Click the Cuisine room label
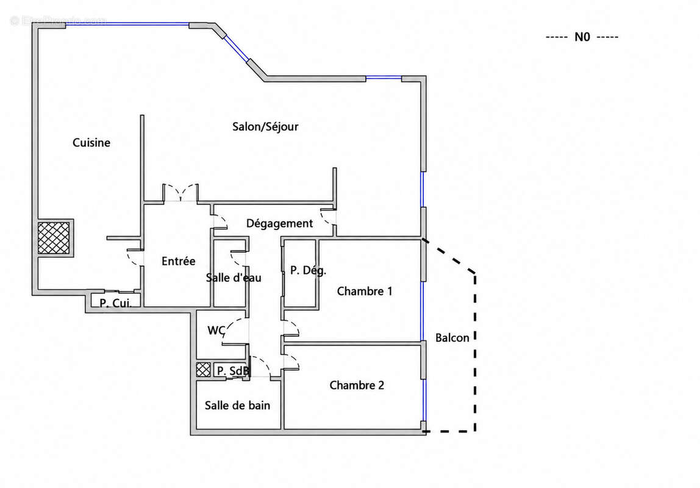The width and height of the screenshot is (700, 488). (x=91, y=142)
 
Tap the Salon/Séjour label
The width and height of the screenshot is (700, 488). (x=265, y=127)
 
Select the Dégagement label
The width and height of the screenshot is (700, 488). (x=279, y=223)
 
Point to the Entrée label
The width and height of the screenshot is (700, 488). (x=178, y=261)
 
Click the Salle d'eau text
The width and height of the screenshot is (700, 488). (x=234, y=278)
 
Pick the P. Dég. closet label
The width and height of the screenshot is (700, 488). (x=308, y=270)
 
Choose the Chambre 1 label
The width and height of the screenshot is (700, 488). (x=364, y=291)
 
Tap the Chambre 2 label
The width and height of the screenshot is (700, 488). (x=357, y=385)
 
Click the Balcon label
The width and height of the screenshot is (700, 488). (x=452, y=337)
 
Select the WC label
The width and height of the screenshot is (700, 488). (x=216, y=331)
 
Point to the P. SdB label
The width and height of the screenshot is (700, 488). (x=233, y=371)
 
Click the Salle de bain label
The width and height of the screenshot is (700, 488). (x=237, y=406)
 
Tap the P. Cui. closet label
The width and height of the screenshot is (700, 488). (x=115, y=303)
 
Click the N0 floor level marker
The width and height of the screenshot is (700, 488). (x=582, y=37)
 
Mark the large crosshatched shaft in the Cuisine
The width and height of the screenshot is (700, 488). (x=54, y=238)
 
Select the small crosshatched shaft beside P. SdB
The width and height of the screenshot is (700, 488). (x=203, y=369)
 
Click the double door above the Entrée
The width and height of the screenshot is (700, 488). (x=180, y=193)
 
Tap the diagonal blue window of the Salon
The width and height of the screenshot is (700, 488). (x=236, y=48)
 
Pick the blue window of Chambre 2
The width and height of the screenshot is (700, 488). (x=424, y=400)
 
